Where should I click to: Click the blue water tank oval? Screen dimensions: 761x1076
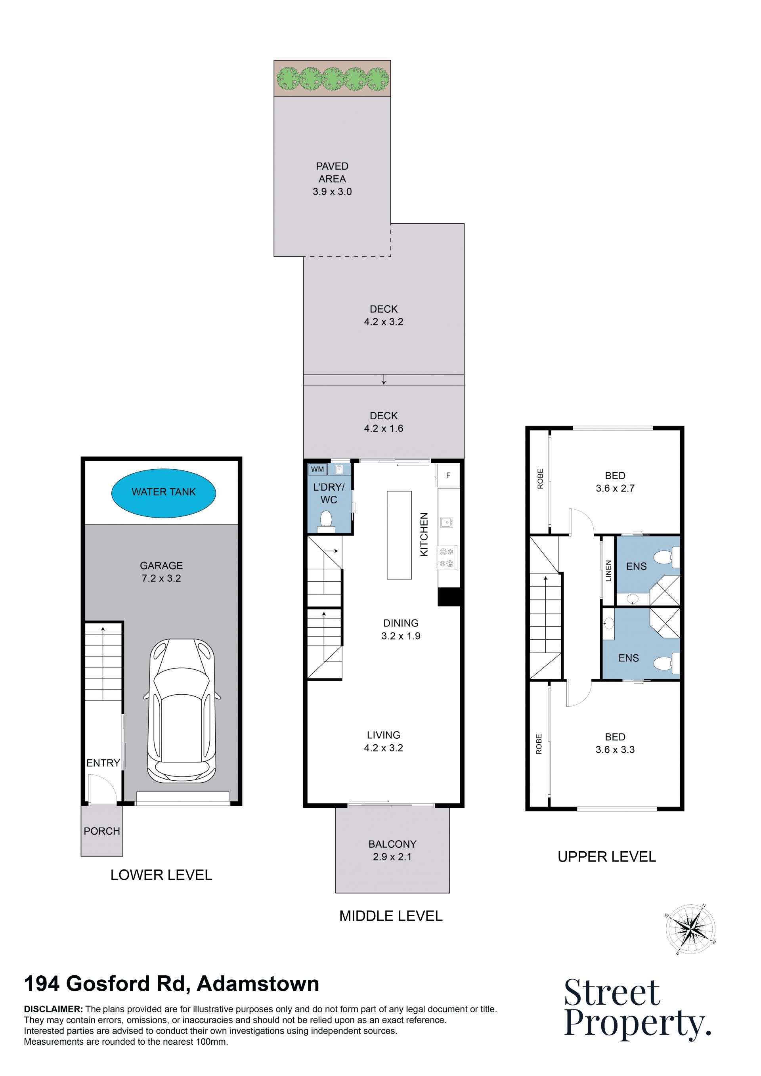(x=164, y=493)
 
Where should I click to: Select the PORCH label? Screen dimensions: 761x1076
(x=102, y=831)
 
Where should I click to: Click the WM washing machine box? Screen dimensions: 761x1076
(x=317, y=469)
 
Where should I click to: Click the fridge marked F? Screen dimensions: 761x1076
(x=448, y=475)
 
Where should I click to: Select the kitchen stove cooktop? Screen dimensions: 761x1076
(x=447, y=557)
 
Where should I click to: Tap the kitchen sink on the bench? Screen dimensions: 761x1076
(x=446, y=522)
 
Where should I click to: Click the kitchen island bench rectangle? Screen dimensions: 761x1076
(x=399, y=535)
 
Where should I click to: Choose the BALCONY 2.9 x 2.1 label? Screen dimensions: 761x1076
(x=392, y=850)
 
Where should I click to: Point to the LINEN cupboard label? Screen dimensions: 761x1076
(x=609, y=571)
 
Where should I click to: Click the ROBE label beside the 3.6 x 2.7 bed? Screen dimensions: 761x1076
(x=540, y=479)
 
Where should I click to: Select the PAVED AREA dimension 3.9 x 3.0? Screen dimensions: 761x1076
(x=332, y=192)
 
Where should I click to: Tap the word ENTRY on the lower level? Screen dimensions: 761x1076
(x=103, y=763)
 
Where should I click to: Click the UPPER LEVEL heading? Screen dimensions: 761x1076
(x=606, y=857)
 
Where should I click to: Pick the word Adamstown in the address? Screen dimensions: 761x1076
(x=258, y=984)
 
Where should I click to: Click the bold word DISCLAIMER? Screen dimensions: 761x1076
(x=54, y=1009)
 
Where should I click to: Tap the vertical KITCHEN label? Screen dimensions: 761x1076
(x=424, y=534)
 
